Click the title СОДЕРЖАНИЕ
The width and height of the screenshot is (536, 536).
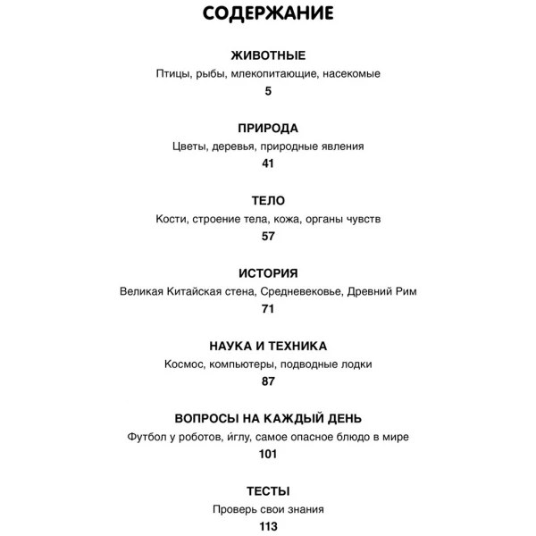pos(268,13)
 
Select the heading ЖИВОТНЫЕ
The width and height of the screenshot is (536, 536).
pos(268,55)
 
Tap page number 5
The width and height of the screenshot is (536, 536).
pos(268,90)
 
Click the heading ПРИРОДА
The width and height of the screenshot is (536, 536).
pos(268,128)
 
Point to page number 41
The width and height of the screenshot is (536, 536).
pos(268,163)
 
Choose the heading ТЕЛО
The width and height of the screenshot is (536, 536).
pos(268,201)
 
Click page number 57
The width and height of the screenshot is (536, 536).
pos(268,237)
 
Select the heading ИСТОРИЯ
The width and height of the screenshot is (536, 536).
pos(268,273)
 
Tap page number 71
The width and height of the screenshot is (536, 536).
pos(268,309)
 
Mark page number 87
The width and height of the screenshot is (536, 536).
pos(268,381)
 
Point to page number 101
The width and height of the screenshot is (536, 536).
pos(268,454)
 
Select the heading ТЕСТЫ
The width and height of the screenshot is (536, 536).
pos(268,491)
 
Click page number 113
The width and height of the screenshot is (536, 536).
pos(268,527)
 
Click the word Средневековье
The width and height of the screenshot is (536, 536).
pos(304,292)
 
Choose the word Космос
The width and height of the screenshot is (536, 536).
pos(186,364)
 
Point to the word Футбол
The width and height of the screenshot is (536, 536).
pos(148,437)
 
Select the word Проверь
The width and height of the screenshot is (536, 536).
pos(235,510)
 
